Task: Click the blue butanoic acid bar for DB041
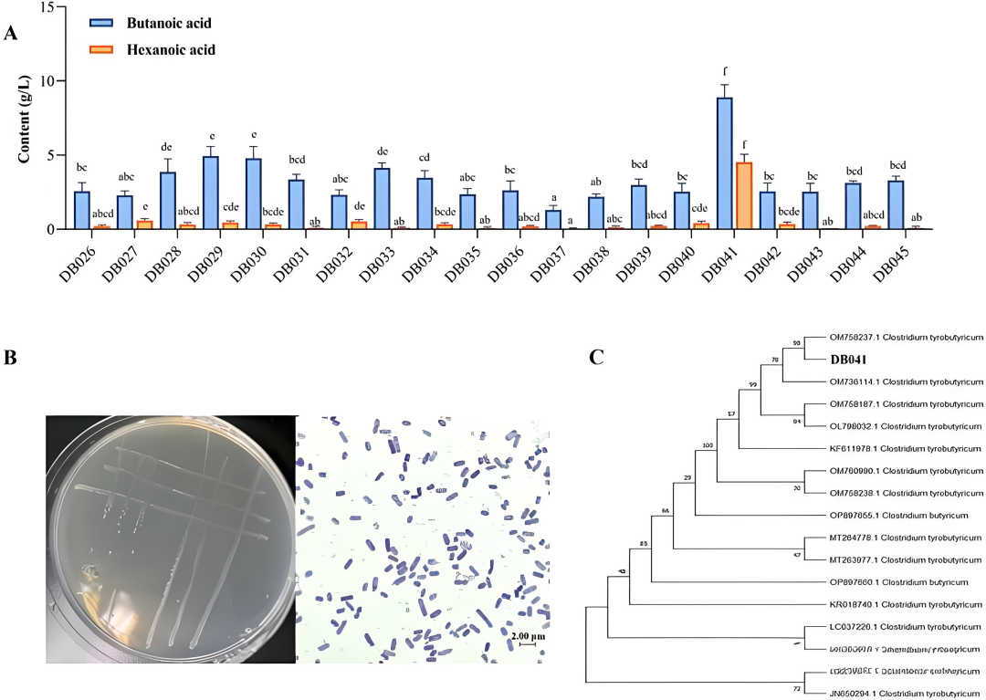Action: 724,163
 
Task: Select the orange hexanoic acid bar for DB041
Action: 743,195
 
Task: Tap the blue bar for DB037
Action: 553,220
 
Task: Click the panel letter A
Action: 11,34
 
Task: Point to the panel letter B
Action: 11,358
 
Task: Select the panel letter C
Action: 596,357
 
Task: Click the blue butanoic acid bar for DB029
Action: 210,193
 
